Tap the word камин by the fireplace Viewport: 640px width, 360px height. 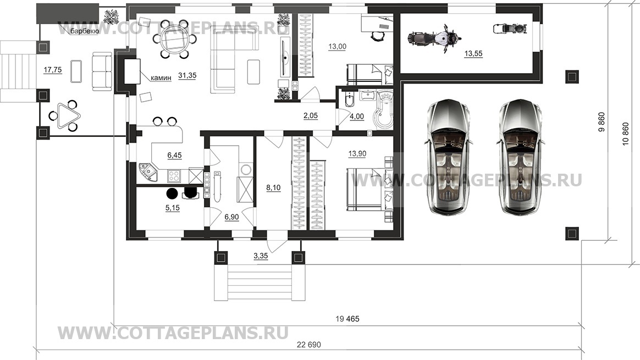161,78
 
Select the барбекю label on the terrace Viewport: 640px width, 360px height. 84,31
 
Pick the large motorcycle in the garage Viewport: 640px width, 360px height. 432,40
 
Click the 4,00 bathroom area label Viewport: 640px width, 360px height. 357,116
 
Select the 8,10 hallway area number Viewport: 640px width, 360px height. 273,187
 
